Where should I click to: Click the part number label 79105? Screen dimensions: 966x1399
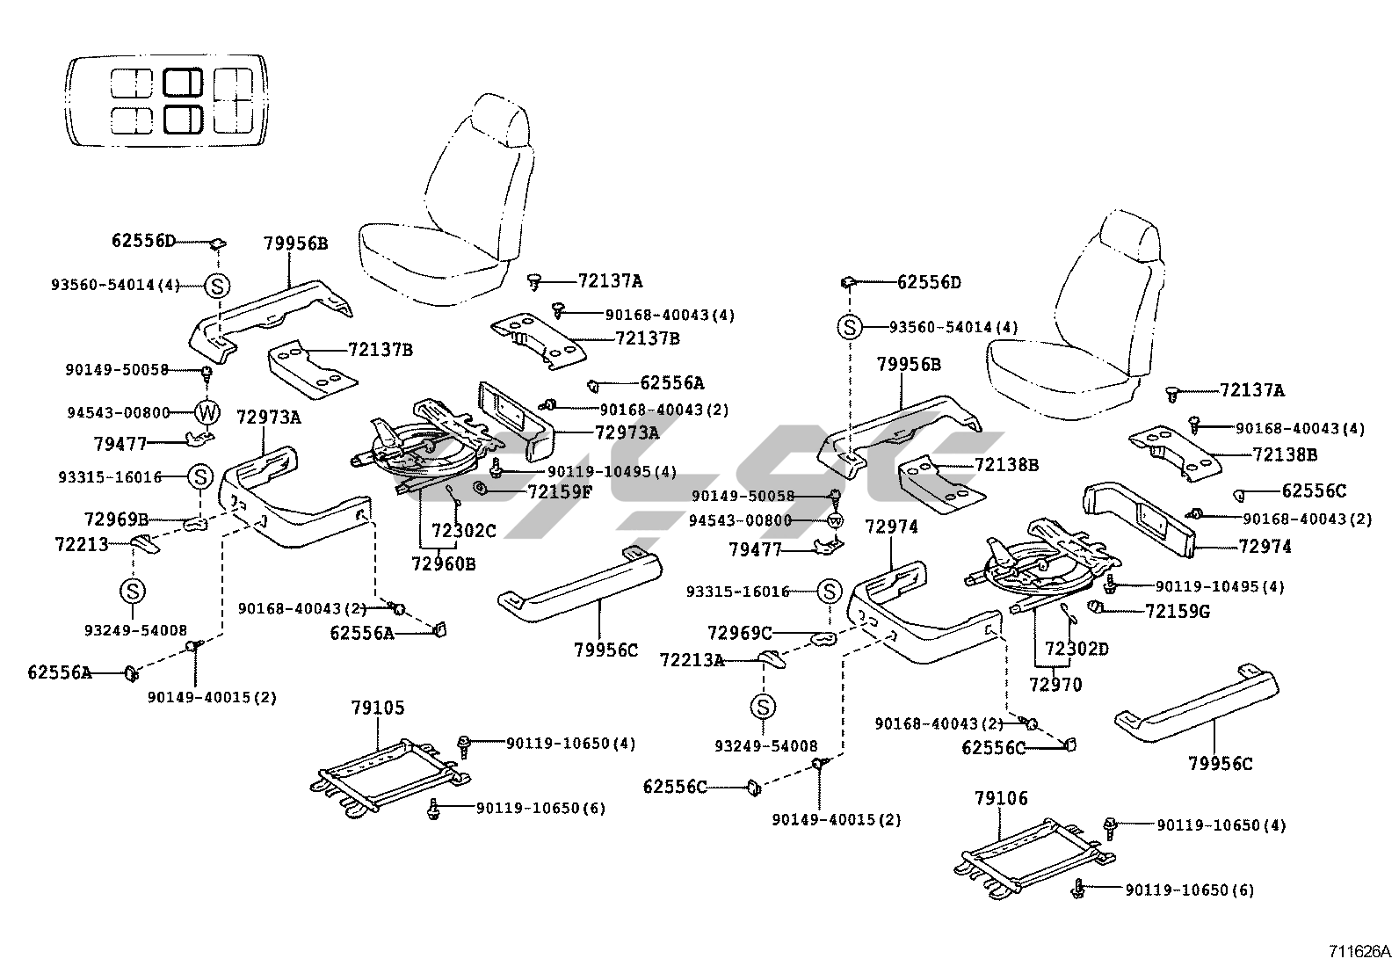point(378,708)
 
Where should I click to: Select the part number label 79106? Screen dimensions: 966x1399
point(1001,798)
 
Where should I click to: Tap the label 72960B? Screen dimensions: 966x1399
point(443,563)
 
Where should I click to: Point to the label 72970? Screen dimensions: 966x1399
point(1055,684)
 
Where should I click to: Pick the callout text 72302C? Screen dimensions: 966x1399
point(464,530)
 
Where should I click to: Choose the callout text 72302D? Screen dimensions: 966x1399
point(1076,649)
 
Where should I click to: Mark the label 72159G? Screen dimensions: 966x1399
point(1178,610)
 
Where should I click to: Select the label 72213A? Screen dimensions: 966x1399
point(692,659)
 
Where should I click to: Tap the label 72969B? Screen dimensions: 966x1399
point(116,519)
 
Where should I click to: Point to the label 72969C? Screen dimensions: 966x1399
point(740,632)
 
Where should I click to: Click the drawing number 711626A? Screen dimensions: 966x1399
point(1359,951)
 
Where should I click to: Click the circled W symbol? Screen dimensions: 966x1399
point(207,411)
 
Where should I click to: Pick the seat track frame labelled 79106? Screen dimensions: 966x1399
point(1033,857)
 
